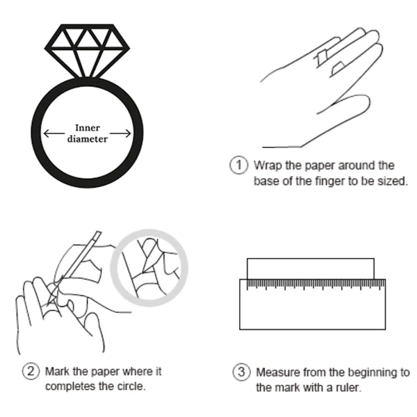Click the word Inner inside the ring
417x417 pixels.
[88, 128]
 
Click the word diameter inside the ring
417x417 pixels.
[88, 139]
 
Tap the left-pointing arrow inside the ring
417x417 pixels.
[54, 133]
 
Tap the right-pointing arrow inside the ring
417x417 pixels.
[120, 133]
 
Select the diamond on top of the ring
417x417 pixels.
[87, 51]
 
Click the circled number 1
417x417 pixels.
[238, 165]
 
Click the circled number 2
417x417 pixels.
[31, 371]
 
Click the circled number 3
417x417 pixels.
[241, 372]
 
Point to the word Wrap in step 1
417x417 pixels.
[268, 165]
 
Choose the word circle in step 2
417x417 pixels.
[131, 386]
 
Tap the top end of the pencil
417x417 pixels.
[99, 232]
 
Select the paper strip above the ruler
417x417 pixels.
[311, 268]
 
